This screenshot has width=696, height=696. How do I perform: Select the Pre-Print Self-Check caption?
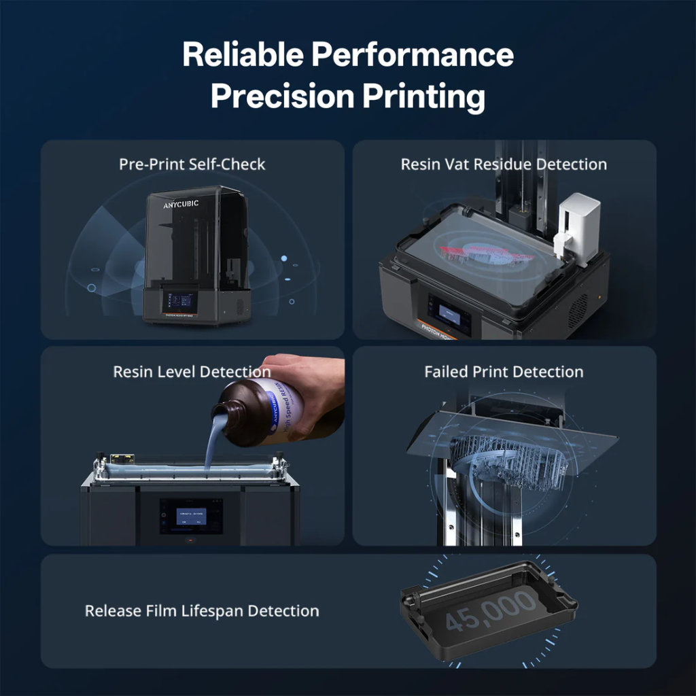(x=192, y=164)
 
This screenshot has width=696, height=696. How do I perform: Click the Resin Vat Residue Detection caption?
(x=504, y=164)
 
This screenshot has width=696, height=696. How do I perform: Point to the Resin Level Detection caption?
(x=192, y=372)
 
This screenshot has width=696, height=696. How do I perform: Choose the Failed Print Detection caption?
(x=504, y=372)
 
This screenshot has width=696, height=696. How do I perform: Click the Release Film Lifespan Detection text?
(x=202, y=610)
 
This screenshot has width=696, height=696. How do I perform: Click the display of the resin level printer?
(x=191, y=515)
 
